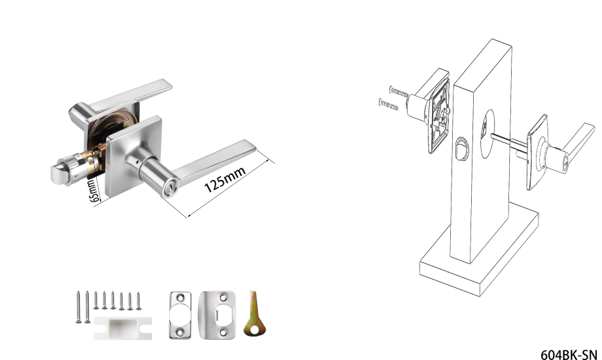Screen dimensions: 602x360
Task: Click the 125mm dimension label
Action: tap(225, 179)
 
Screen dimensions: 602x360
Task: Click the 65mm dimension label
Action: tap(94, 190)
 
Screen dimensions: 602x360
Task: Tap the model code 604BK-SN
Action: tap(569, 354)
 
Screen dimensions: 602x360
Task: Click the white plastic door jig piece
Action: tap(123, 328)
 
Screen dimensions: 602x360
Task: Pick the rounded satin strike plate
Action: tap(217, 315)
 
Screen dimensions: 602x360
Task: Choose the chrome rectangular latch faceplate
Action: tap(180, 315)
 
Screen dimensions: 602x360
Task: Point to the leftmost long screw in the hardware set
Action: tap(79, 306)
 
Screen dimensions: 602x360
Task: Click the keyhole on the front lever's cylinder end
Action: tap(169, 189)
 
